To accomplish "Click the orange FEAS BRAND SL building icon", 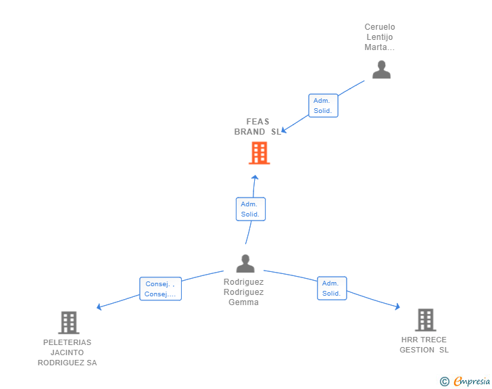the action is tap(260, 153).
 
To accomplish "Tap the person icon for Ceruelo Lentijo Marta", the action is tap(381, 70).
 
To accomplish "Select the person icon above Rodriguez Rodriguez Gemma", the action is tap(245, 263).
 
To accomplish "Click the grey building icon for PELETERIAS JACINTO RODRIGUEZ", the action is tap(69, 323).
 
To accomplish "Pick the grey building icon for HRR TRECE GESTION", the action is tap(426, 320).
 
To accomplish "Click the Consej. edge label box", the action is tap(160, 289).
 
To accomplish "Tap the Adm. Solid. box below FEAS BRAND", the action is tap(250, 209).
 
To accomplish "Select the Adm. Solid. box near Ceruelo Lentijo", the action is tap(323, 106).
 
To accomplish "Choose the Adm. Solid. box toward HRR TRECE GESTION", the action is tap(332, 288).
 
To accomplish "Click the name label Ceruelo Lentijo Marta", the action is tap(380, 37).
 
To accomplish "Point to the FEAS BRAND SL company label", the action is tap(257, 127).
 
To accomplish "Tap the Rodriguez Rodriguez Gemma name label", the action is tap(243, 292).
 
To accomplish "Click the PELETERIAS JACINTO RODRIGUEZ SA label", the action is tap(67, 352).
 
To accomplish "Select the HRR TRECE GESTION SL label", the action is tap(424, 345).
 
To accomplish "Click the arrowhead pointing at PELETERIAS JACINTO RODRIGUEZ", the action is tap(99, 306).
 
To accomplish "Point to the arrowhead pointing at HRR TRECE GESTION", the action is tap(397, 306).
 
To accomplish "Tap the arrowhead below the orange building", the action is tap(255, 177).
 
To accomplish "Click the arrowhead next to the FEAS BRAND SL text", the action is tap(284, 130).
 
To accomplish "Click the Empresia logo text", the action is tap(472, 381).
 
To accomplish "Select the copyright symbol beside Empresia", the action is tap(445, 382).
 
